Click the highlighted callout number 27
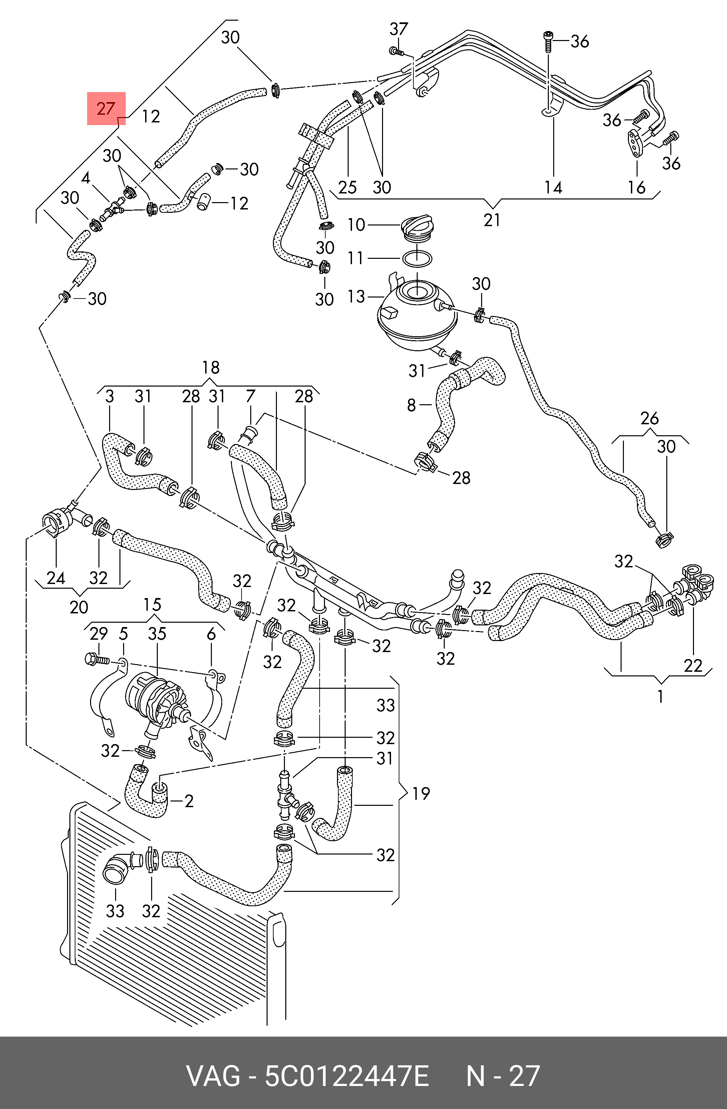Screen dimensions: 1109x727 [x=106, y=109]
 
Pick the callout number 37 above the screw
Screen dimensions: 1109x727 [x=398, y=29]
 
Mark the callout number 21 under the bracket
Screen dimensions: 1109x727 [x=492, y=219]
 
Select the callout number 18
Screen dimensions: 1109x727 [x=211, y=368]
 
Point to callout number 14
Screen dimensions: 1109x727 [x=553, y=187]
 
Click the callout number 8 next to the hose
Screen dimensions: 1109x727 [x=411, y=405]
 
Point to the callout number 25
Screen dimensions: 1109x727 [x=347, y=187]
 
